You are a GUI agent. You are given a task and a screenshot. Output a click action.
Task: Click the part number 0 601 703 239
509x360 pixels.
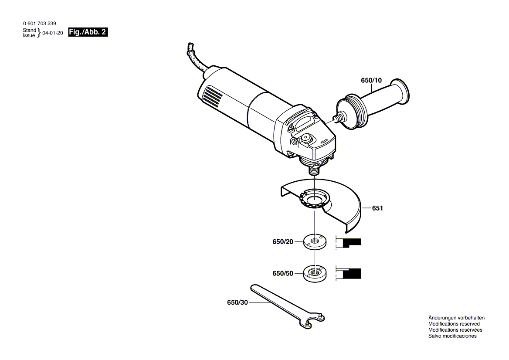(x=39, y=23)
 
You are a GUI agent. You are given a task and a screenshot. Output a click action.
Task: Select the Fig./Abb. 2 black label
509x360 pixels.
(x=88, y=32)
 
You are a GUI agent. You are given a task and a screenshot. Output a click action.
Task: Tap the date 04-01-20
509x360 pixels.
(x=53, y=33)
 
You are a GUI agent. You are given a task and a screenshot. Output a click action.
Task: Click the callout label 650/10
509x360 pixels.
(x=371, y=80)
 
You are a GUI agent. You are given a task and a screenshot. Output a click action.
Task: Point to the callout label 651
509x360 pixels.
(x=377, y=208)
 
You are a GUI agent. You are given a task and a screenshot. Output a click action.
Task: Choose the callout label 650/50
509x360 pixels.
(x=283, y=273)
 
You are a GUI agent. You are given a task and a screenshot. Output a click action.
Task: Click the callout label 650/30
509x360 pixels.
(x=237, y=302)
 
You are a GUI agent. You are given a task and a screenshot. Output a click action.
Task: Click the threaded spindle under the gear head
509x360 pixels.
(x=313, y=170)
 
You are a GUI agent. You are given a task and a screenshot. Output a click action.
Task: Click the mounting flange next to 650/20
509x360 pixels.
(x=314, y=242)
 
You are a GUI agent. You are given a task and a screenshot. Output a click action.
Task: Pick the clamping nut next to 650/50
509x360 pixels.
(x=314, y=273)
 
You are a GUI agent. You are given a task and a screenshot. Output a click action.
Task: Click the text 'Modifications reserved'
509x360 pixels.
(x=454, y=324)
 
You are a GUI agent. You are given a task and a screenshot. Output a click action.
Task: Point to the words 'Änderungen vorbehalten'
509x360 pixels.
(x=456, y=318)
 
